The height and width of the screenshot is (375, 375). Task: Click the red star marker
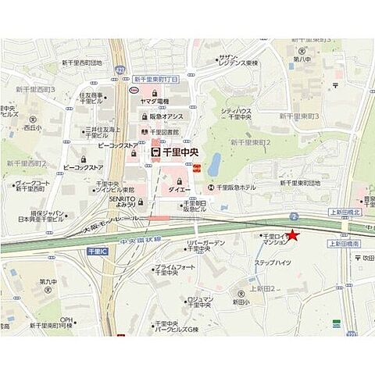pos(293,234)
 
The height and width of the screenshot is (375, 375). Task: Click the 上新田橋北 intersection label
pos(344,212)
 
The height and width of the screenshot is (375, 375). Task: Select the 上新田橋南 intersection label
pos(344,244)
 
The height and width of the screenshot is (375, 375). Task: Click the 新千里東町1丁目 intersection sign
pos(155,79)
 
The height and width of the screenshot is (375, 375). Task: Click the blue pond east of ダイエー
pos(213,164)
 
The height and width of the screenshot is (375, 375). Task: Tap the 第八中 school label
pos(302,58)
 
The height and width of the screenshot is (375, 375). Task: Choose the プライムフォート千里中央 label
pos(174,270)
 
